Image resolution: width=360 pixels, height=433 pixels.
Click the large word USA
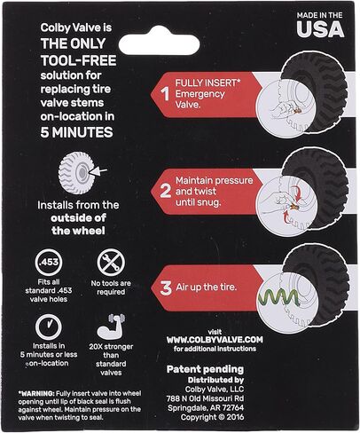(320, 29)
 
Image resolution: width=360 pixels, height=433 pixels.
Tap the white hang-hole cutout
(159, 43)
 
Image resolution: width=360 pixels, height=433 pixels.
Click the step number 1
(166, 94)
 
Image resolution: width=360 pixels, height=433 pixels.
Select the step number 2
(166, 191)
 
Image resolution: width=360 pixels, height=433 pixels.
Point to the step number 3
(166, 288)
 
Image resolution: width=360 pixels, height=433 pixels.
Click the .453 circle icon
(49, 263)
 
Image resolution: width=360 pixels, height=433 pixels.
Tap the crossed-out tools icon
(111, 263)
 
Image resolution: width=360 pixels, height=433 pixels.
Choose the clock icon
(49, 327)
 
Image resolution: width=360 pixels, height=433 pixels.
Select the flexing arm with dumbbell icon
(112, 327)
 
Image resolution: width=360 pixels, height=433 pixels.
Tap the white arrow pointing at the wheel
(98, 171)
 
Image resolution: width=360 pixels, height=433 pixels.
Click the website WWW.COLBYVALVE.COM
(215, 340)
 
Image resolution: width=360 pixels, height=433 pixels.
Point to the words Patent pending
(205, 369)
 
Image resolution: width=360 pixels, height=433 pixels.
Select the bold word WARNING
(36, 394)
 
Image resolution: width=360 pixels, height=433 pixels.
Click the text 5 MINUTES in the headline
(77, 132)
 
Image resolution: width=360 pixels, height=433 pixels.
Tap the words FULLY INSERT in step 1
(207, 83)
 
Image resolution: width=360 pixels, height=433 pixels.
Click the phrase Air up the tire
(207, 287)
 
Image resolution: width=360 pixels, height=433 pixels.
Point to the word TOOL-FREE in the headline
(79, 60)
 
